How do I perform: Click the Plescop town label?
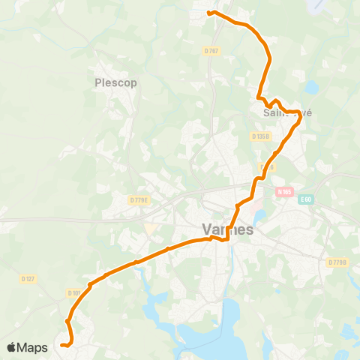pos(116,82)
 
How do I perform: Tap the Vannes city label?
pos(228,229)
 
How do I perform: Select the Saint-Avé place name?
pos(287,113)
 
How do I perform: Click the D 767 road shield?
pos(211,50)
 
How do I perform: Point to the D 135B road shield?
pos(260,136)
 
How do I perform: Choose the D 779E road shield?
pos(139,199)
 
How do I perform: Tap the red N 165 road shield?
pos(282,192)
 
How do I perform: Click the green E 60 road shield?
pos(305,199)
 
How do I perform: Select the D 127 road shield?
pos(28,279)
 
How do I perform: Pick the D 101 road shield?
pos(73,292)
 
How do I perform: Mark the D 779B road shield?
pos(337,262)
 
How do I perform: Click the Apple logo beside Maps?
pos(12,347)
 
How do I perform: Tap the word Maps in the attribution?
pos(33,347)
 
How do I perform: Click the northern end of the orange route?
pos(208,13)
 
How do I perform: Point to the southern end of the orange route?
pos(62,346)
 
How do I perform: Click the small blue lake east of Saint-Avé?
pos(310,88)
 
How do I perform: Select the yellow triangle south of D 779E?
pos(149,227)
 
